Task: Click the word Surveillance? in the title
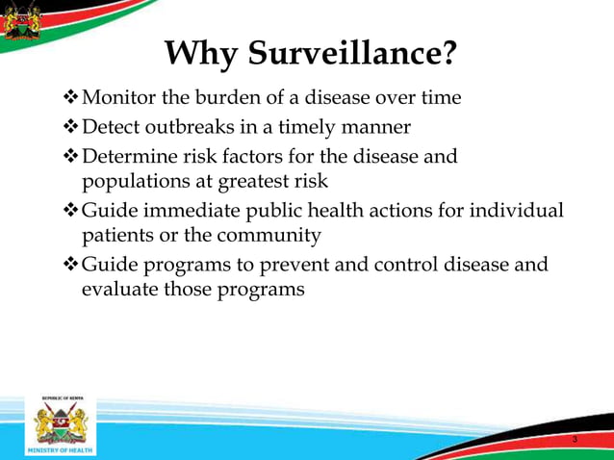click(x=353, y=54)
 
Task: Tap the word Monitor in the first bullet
click(x=119, y=98)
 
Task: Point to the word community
click(x=269, y=235)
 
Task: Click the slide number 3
click(x=575, y=439)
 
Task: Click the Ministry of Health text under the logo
click(x=61, y=449)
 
